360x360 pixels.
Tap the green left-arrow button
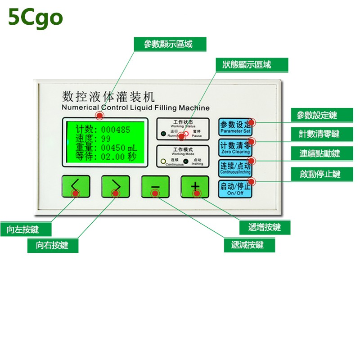pyautogui.click(x=76, y=186)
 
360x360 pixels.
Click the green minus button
pyautogui.click(x=155, y=186)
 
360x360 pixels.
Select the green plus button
pyautogui.click(x=195, y=186)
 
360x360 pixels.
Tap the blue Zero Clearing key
pyautogui.click(x=235, y=147)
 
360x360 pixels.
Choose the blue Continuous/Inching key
pyautogui.click(x=235, y=167)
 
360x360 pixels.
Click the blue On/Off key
pyautogui.click(x=235, y=188)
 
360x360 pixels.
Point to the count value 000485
pyautogui.click(x=116, y=130)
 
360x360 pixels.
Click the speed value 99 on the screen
pyautogui.click(x=106, y=139)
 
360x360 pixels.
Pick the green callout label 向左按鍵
pyautogui.click(x=26, y=229)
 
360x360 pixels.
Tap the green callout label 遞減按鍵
pyautogui.click(x=249, y=245)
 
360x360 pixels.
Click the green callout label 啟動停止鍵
pyautogui.click(x=320, y=174)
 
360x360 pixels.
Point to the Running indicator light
pyautogui.click(x=163, y=134)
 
